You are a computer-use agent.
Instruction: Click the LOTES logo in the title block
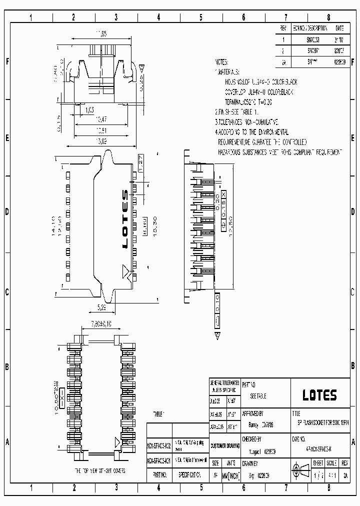[x=319, y=395]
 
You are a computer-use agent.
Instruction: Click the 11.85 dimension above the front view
[x=101, y=34]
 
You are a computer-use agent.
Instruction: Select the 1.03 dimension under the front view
[x=89, y=109]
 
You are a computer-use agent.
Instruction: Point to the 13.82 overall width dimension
[x=101, y=142]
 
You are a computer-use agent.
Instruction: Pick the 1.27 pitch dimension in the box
[x=141, y=163]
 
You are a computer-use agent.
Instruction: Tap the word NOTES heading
[x=221, y=62]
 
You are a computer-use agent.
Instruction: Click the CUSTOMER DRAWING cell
[x=225, y=445]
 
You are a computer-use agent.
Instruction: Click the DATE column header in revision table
[x=339, y=28]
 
